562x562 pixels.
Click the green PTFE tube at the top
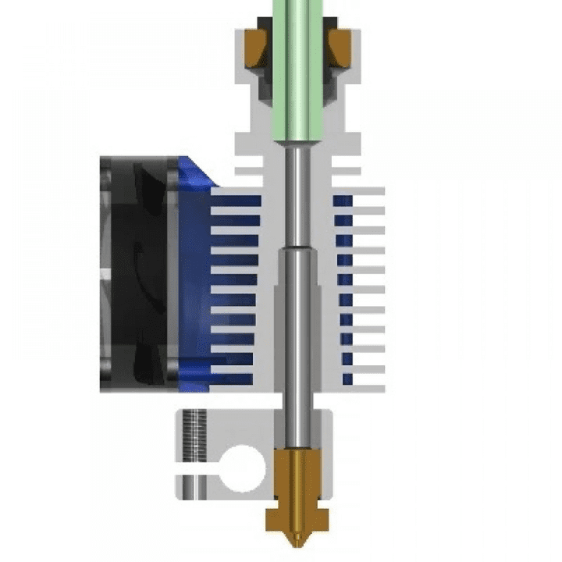point(294,70)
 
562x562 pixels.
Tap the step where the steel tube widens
point(295,248)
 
